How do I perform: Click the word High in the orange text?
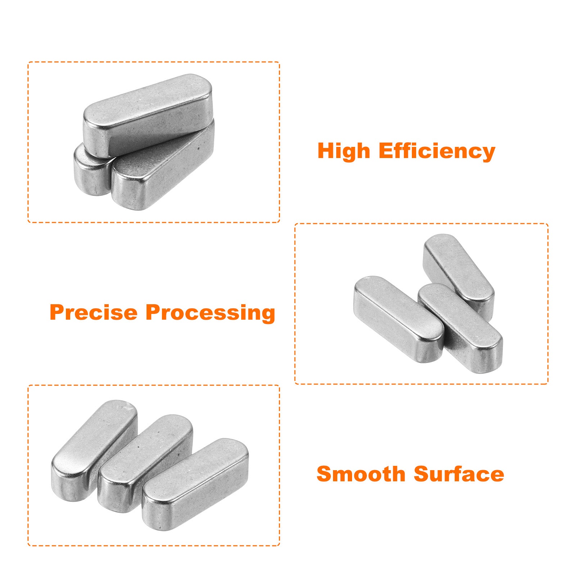pyautogui.click(x=344, y=151)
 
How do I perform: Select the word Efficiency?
pyautogui.click(x=437, y=151)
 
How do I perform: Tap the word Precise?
pyautogui.click(x=94, y=312)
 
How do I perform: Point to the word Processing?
pyautogui.click(x=211, y=313)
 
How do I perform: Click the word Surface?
pyautogui.click(x=459, y=474)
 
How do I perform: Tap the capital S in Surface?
pyautogui.click(x=422, y=474)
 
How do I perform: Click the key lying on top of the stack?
pyautogui.click(x=148, y=115)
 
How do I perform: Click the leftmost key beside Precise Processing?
pyautogui.click(x=399, y=319)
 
